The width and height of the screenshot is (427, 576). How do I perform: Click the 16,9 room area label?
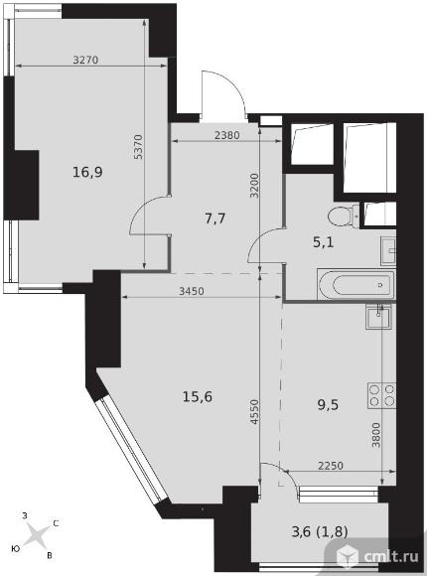coord(87,172)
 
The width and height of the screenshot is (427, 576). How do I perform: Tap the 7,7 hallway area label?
coord(214,218)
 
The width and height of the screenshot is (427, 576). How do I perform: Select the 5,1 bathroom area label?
coord(324,242)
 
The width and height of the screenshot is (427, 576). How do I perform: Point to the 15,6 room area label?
coord(198,396)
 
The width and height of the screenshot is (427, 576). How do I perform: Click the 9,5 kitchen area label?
coord(328,405)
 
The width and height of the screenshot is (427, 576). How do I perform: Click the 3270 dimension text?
coord(85,60)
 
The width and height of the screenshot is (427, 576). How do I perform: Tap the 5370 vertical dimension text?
coord(138,147)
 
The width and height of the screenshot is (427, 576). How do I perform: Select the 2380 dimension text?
coord(227,135)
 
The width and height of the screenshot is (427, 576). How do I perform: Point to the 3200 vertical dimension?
coord(254,186)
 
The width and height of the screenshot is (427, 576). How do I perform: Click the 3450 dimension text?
coord(192,291)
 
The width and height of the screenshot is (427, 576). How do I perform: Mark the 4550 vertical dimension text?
coord(254,412)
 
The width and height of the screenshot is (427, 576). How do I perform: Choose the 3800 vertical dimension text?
coord(376,435)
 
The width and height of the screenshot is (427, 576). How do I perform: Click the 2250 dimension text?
coord(331,466)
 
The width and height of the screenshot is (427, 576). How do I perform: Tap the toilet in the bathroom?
coord(343,216)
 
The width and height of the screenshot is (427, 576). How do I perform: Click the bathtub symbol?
coord(356,285)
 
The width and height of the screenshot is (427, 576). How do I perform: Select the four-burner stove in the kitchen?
coord(381,395)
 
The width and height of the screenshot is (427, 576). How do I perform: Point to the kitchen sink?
coord(378,316)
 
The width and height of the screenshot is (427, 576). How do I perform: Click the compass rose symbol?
coord(37,534)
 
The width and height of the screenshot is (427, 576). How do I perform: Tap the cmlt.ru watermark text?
coord(391,557)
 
